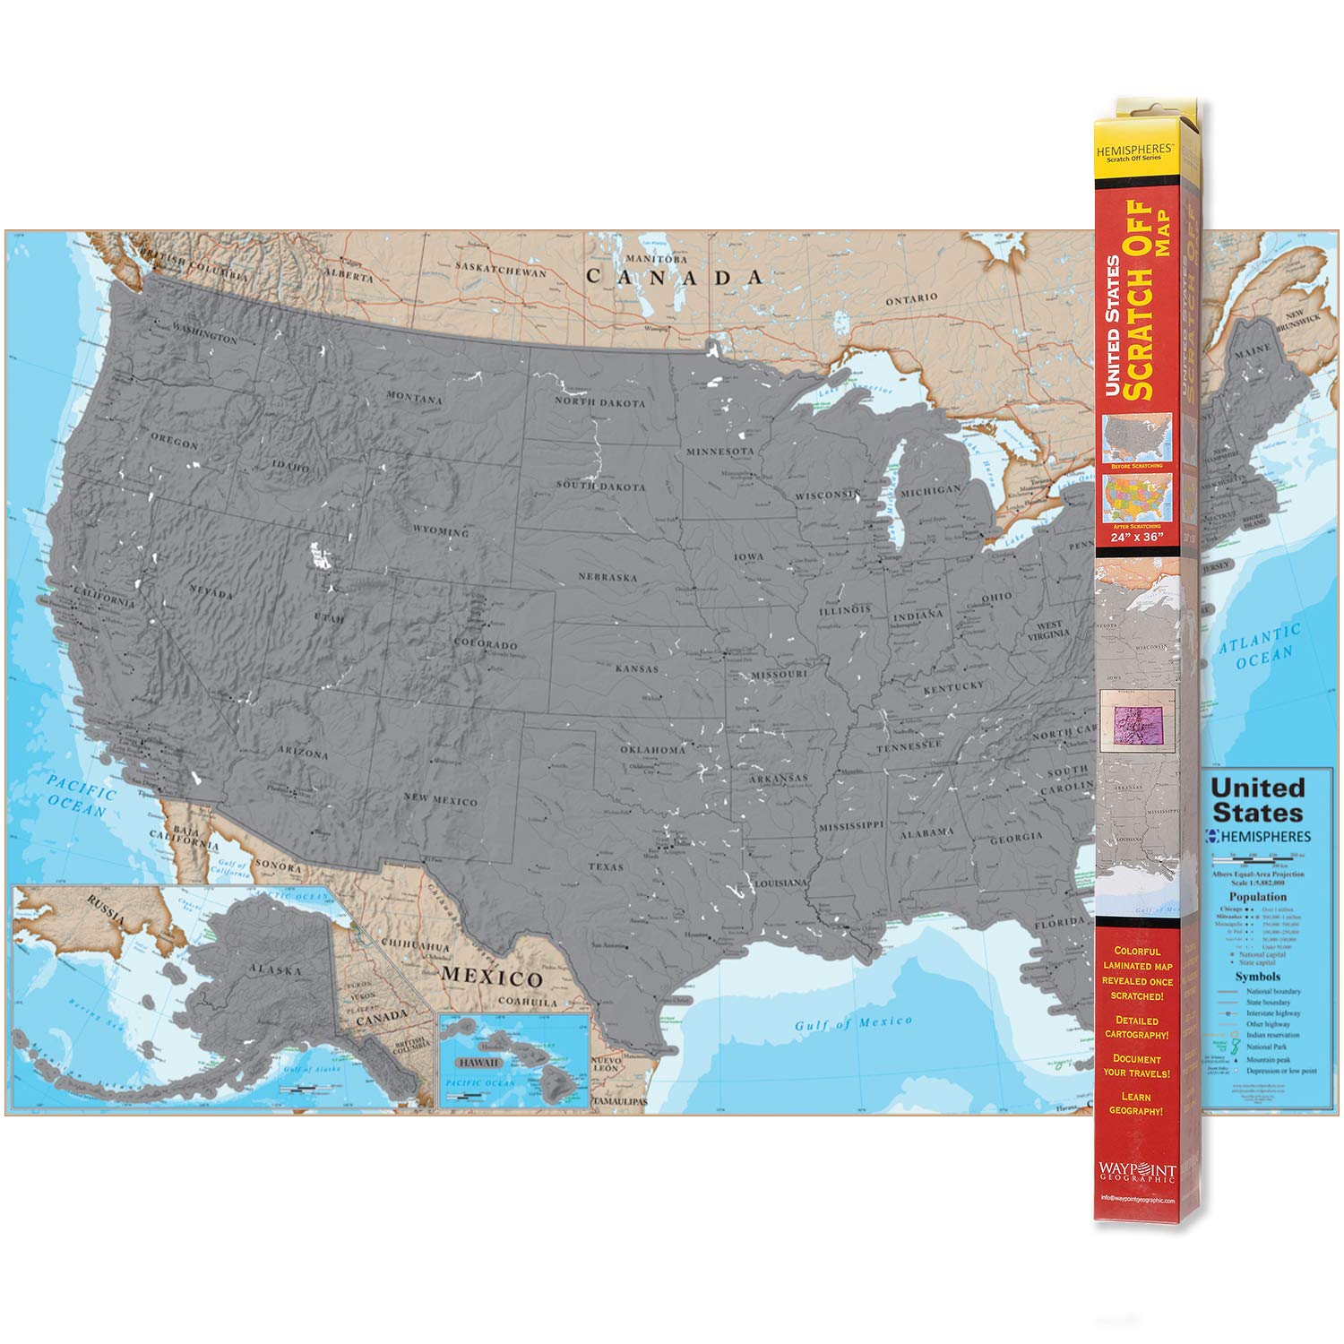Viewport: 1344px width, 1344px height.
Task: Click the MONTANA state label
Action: (x=414, y=397)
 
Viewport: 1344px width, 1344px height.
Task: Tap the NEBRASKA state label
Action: (x=607, y=577)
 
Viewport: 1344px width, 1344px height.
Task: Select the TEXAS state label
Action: (x=606, y=866)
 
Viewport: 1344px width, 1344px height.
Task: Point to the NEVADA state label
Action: (x=211, y=592)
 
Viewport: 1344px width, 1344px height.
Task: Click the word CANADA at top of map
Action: (x=674, y=277)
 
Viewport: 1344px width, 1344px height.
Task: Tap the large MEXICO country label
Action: (x=491, y=977)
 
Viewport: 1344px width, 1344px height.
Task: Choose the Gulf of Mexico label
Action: (x=853, y=1022)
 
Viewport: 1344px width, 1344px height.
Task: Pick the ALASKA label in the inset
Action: (x=275, y=969)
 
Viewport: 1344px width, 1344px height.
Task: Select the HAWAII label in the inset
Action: (x=478, y=1062)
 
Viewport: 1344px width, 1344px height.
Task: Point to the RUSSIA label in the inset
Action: (x=106, y=912)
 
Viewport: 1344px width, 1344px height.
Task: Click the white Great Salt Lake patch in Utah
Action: (x=320, y=556)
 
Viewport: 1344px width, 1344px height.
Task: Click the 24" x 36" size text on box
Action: (x=1137, y=537)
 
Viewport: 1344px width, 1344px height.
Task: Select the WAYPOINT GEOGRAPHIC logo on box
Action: (x=1136, y=1171)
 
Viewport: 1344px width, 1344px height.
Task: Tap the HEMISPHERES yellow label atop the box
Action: (x=1133, y=151)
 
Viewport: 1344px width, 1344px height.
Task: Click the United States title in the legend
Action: (x=1257, y=800)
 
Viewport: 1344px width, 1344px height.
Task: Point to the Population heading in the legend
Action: (x=1257, y=896)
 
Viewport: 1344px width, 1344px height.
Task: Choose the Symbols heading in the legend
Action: (x=1257, y=977)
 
